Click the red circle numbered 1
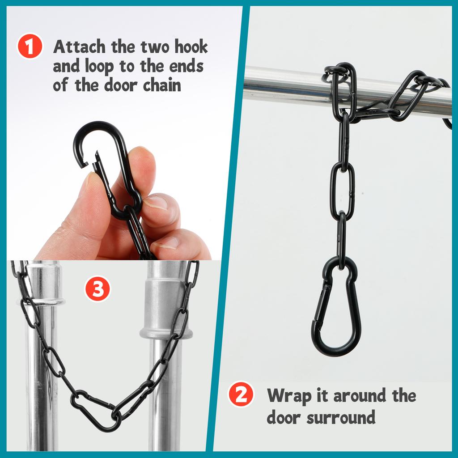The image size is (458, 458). pyautogui.click(x=30, y=47)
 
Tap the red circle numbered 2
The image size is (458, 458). pyautogui.click(x=241, y=394)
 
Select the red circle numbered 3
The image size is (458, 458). pyautogui.click(x=98, y=289)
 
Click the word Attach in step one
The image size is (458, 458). pyautogui.click(x=78, y=47)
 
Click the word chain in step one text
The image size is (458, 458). pyautogui.click(x=161, y=85)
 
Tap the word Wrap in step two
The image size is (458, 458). pyautogui.click(x=286, y=395)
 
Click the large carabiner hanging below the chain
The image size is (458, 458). pyautogui.click(x=336, y=309)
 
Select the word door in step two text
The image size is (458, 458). pyautogui.click(x=284, y=418)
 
